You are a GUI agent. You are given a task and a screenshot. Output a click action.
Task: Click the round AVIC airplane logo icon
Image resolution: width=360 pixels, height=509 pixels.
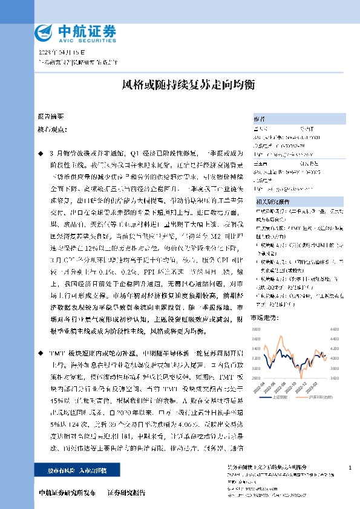(44, 31)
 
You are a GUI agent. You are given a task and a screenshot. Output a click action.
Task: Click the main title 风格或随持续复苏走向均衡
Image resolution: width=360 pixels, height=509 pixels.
(180, 85)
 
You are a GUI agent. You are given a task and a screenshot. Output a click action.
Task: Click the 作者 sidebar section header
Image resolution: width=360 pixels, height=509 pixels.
(258, 118)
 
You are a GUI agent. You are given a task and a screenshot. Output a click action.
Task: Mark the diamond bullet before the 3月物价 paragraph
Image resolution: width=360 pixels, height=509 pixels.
(41, 155)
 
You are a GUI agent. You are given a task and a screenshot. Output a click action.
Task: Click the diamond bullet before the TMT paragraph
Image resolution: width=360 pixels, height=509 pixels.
(41, 352)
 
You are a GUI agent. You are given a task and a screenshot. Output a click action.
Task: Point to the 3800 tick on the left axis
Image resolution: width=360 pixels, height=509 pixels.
(255, 329)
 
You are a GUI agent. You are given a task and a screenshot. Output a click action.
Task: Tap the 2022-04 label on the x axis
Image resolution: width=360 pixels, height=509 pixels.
(264, 384)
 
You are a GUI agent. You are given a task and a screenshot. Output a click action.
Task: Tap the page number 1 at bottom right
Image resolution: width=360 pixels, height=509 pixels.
(350, 468)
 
